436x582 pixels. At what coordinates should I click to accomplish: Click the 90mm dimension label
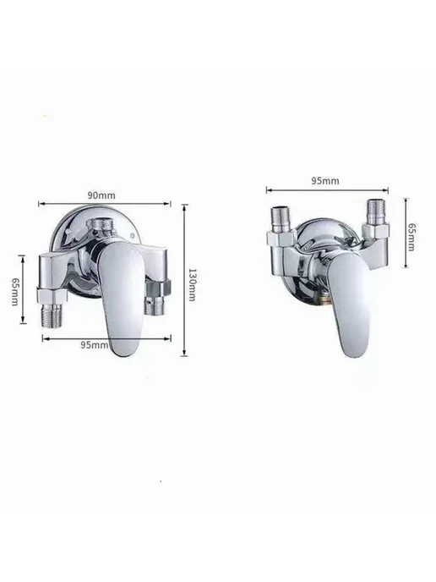click(x=101, y=195)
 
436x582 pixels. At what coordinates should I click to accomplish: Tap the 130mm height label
click(x=192, y=285)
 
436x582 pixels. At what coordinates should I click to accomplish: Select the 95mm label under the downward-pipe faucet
click(x=94, y=345)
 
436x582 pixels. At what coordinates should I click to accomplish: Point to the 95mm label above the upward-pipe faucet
click(x=324, y=181)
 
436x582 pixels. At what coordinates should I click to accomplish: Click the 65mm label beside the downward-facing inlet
click(x=15, y=291)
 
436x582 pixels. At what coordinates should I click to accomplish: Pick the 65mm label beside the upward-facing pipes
click(x=411, y=237)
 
